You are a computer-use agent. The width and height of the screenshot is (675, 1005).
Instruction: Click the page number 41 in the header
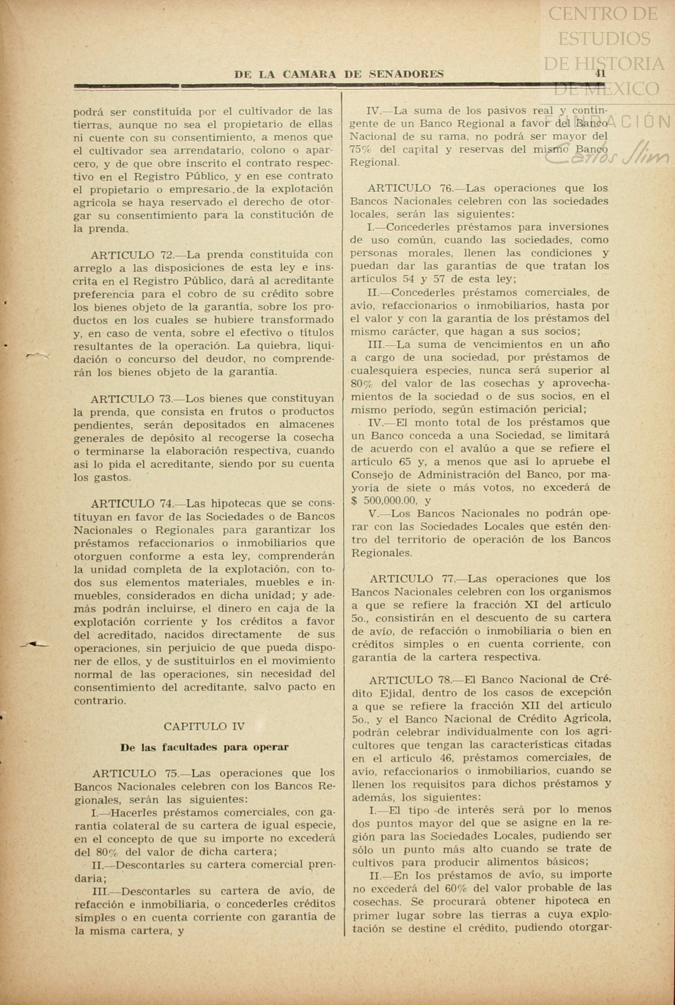pyautogui.click(x=600, y=73)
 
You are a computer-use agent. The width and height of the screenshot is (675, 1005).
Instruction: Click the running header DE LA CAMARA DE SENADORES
pyautogui.click(x=339, y=74)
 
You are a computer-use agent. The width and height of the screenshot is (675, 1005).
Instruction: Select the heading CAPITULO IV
pyautogui.click(x=204, y=726)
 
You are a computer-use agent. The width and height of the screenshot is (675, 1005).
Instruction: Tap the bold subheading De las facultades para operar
pyautogui.click(x=204, y=747)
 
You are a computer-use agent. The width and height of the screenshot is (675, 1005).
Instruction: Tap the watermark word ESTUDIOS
pyautogui.click(x=604, y=38)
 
